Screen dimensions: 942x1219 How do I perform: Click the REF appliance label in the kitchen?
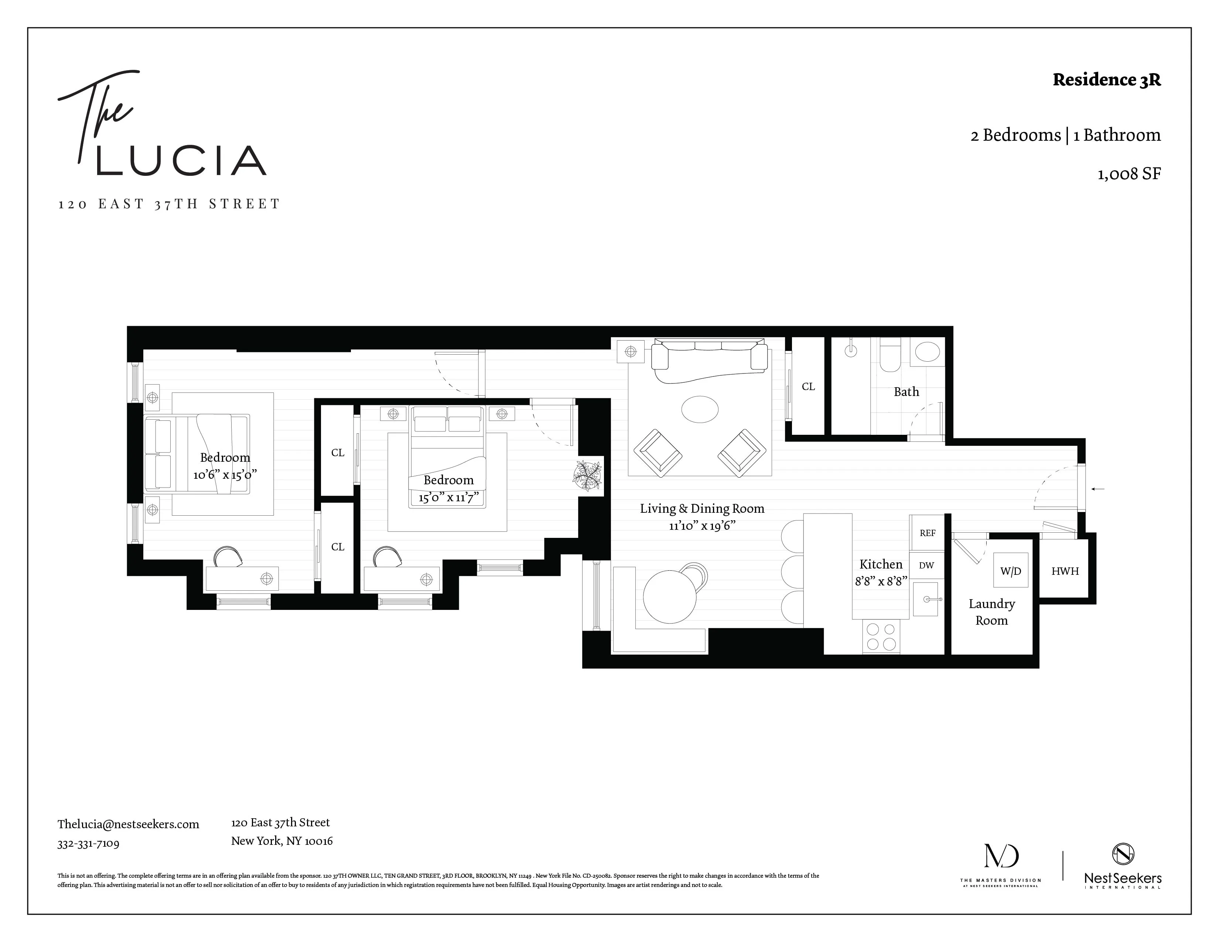(x=927, y=533)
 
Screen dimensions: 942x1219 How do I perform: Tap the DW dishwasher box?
(x=926, y=565)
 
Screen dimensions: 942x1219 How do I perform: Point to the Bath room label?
(x=906, y=392)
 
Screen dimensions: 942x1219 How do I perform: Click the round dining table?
(x=670, y=596)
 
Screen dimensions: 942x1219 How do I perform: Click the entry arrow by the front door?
(x=1097, y=489)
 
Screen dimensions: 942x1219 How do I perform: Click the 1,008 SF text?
(x=1128, y=174)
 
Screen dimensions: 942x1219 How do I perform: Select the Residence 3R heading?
(x=1106, y=80)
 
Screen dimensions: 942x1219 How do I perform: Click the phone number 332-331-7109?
(x=88, y=843)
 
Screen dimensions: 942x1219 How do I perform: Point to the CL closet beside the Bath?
(x=807, y=386)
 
